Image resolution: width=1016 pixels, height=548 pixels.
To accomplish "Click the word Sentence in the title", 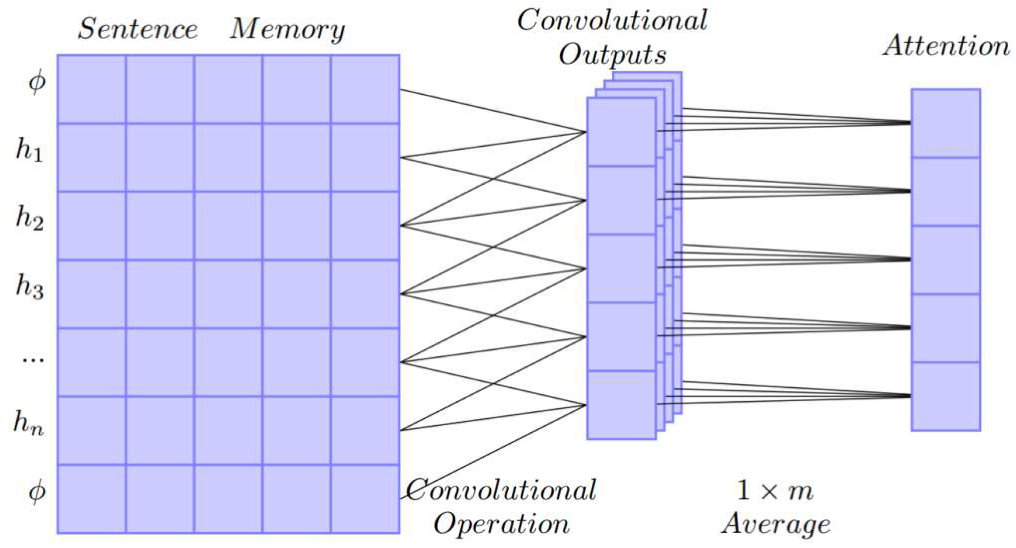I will pos(137,29).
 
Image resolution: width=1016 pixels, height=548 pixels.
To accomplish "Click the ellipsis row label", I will pos(32,359).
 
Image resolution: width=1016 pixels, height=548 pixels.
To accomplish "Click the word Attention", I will pos(946,46).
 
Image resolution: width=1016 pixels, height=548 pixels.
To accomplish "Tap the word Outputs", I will pos(612,55).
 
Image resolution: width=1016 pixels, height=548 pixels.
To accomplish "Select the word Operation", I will pos(502,525).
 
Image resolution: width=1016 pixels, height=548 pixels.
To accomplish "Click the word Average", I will pos(776,525).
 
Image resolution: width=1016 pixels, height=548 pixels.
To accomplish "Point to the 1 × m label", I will pos(774,491).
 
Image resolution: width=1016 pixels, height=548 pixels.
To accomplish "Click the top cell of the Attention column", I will pos(946,123).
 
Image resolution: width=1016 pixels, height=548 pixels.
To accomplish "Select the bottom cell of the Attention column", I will pos(946,396).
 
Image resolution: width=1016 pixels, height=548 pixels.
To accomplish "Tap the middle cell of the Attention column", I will pos(946,259).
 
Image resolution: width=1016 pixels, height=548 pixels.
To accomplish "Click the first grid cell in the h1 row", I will pos(91,157).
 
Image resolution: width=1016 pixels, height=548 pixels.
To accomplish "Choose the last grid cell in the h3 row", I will pos(365,294).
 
